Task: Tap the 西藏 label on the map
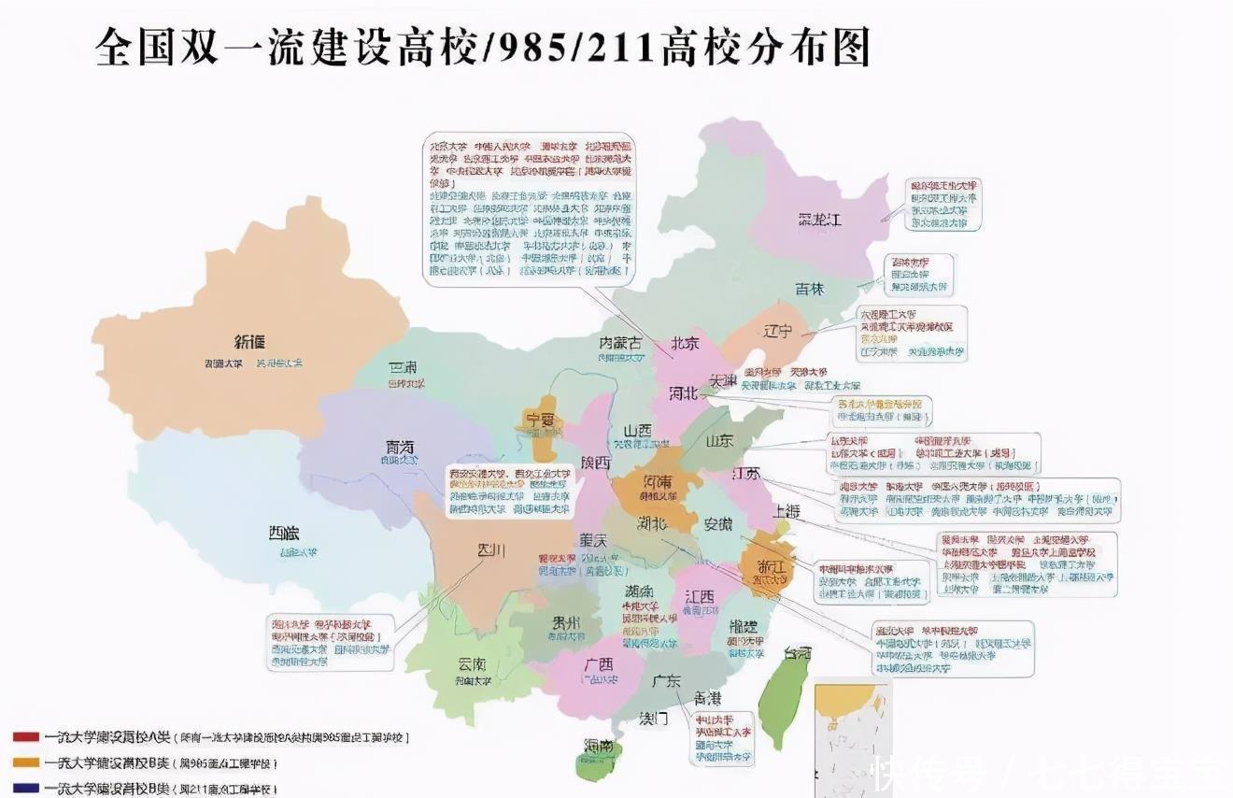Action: click(284, 534)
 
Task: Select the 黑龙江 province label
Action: click(819, 221)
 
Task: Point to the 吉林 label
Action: click(809, 290)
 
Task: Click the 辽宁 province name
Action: click(776, 332)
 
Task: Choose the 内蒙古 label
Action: click(620, 343)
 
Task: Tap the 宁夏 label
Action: click(540, 420)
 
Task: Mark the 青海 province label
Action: click(400, 447)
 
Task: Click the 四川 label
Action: click(490, 550)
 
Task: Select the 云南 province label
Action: click(472, 664)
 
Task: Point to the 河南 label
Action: click(657, 482)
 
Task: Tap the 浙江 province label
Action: click(772, 566)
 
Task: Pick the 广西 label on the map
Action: click(598, 664)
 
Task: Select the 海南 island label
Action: click(599, 746)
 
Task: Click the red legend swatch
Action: click(26, 737)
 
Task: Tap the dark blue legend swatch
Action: click(26, 788)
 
